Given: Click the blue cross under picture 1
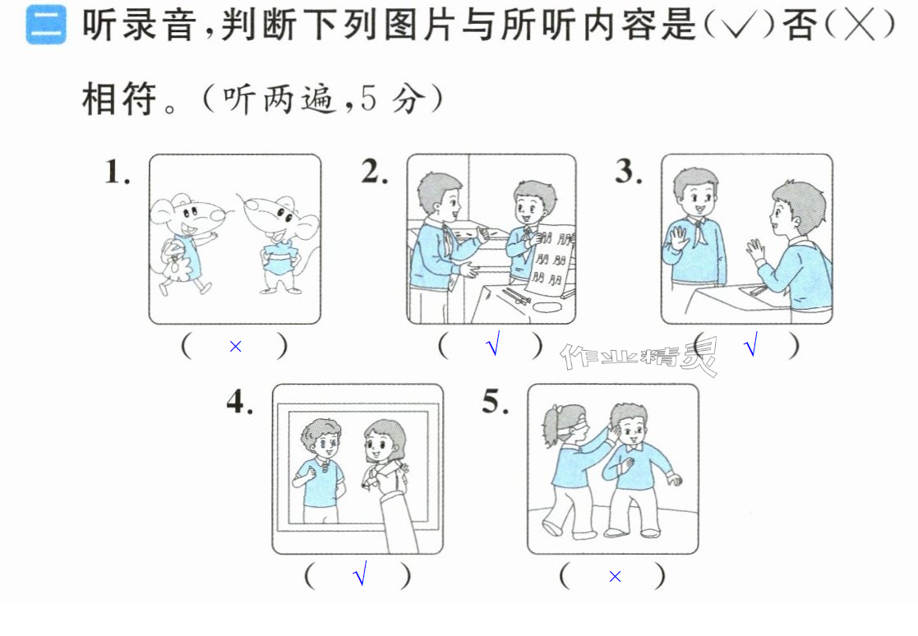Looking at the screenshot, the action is [235, 347].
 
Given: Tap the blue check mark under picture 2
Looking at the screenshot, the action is [493, 343].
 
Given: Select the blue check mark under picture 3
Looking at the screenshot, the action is [750, 343].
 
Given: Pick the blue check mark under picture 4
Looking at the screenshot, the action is [360, 573].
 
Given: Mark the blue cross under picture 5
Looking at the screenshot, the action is [615, 577].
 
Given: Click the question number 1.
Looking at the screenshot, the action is [117, 173].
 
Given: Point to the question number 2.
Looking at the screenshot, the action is [375, 172].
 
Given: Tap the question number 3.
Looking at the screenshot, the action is [629, 172].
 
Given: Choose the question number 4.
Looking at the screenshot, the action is [240, 401].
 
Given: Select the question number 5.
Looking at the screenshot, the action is [496, 401].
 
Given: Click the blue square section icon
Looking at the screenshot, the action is [46, 25].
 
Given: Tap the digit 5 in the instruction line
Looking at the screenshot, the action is [367, 98].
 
